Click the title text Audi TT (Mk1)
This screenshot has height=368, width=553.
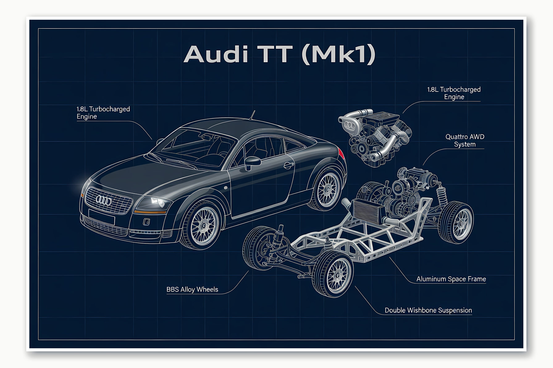[279, 54]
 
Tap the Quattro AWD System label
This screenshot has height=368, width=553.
[464, 141]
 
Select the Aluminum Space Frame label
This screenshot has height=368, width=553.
[451, 279]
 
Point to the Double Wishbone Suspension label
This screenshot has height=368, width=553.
[428, 310]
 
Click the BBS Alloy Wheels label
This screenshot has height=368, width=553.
[192, 289]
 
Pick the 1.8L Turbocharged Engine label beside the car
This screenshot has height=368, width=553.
[103, 113]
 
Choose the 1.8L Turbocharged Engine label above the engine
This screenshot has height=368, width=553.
[454, 93]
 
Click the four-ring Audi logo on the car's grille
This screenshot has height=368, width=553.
[104, 201]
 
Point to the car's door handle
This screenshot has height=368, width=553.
[289, 165]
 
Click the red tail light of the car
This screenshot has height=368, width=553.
[341, 153]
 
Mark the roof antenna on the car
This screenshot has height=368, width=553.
[252, 115]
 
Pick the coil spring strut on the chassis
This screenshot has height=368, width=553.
[442, 194]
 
